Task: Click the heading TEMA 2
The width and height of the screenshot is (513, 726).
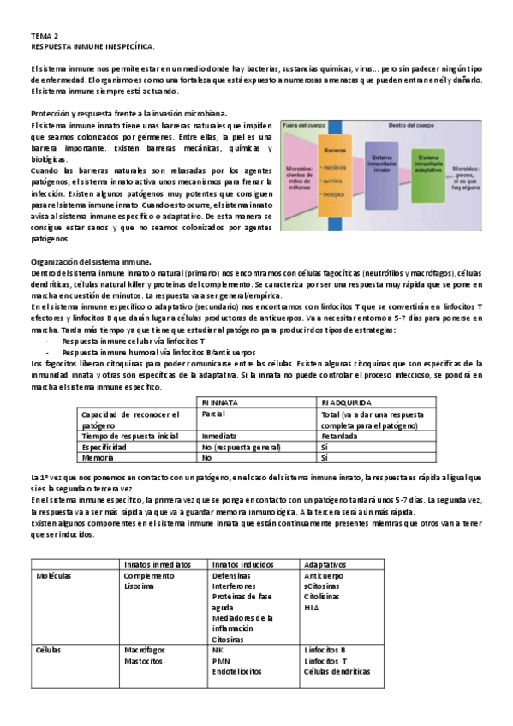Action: pos(45,37)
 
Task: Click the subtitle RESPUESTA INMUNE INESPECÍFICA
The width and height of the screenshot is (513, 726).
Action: pos(92,47)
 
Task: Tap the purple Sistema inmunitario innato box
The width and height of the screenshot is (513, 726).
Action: pos(382,169)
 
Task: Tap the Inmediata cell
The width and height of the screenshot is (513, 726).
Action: pos(220,436)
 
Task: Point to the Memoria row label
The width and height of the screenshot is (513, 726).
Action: pos(99,458)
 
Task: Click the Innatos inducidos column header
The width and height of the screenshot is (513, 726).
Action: pos(242,565)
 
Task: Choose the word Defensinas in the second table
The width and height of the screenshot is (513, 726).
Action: pos(233,576)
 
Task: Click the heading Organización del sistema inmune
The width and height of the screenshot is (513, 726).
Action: pos(92,261)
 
